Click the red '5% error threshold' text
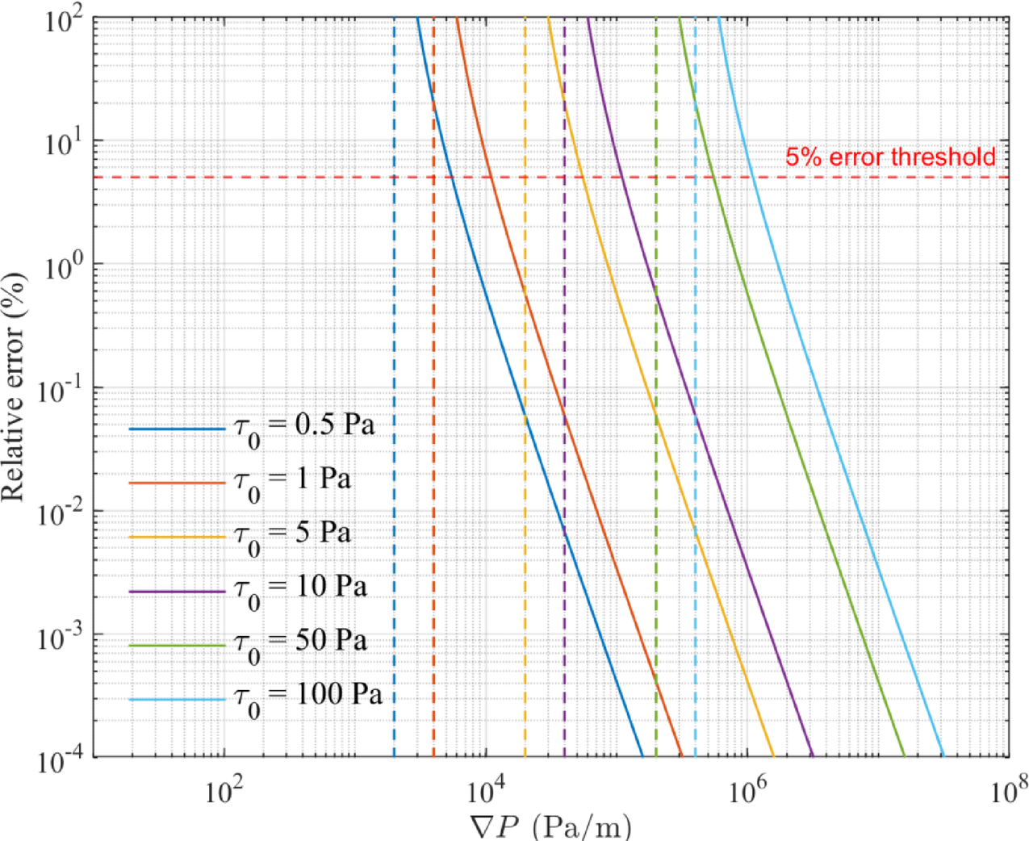(x=890, y=157)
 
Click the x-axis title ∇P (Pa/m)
(x=550, y=826)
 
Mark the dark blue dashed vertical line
(x=394, y=323)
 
